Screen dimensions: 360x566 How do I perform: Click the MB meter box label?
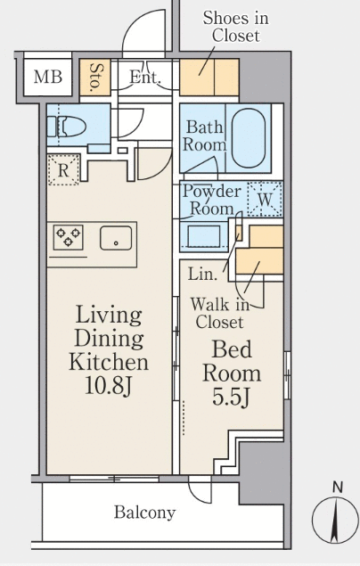(x=48, y=77)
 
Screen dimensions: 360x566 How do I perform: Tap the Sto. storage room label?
(x=95, y=76)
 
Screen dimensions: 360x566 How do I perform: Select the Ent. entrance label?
(x=144, y=77)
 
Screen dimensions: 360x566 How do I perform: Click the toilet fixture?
(x=66, y=127)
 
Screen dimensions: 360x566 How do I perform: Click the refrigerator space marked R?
(x=63, y=170)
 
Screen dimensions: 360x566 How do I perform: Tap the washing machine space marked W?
(x=266, y=199)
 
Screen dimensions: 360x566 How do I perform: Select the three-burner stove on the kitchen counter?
(x=69, y=237)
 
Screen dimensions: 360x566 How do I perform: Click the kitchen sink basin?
(x=116, y=238)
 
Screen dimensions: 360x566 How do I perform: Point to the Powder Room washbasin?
(x=204, y=237)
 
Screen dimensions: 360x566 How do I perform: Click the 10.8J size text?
(x=110, y=385)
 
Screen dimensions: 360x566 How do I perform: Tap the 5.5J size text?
(x=231, y=397)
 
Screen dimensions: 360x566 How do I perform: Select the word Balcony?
(x=145, y=513)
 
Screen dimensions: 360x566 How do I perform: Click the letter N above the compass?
(x=337, y=488)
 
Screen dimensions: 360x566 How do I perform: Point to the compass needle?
(x=336, y=520)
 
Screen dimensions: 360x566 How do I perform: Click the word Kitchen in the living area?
(x=109, y=362)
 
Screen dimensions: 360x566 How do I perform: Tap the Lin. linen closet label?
(x=202, y=275)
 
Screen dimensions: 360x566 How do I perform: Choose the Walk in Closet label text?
(x=220, y=313)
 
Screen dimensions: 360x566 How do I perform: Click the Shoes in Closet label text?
(x=236, y=27)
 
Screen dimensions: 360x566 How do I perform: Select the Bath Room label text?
(x=205, y=136)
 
